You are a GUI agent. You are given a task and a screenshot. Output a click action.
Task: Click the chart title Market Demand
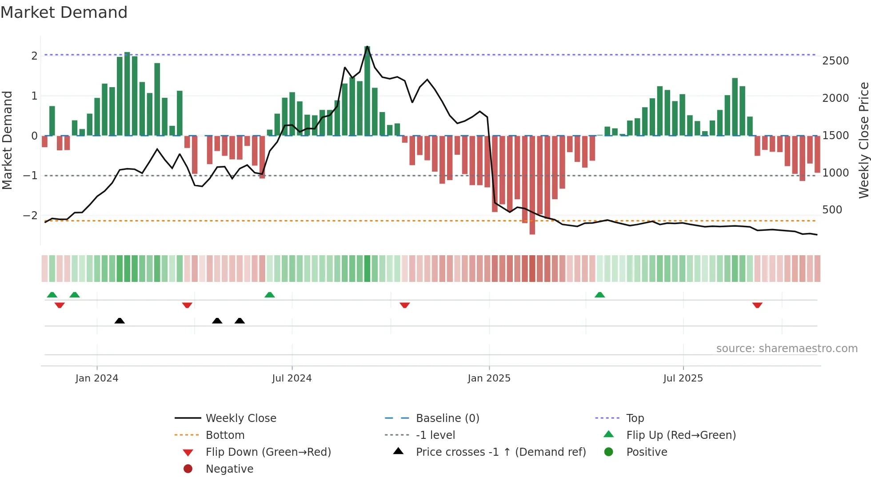point(64,12)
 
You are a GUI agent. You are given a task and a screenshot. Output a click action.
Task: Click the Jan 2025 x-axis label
point(489,378)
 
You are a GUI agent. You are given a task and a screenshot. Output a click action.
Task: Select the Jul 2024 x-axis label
point(292,378)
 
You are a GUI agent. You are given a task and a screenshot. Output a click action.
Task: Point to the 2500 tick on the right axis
point(835,60)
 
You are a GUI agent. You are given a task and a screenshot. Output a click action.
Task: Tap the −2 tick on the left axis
point(30,215)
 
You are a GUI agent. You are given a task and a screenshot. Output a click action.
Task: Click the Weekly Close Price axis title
point(863,140)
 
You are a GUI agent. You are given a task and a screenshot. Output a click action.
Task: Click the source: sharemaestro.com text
point(787,348)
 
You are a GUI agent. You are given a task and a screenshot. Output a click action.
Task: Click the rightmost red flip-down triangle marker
point(757,305)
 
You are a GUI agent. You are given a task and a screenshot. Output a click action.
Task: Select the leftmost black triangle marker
point(120,321)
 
